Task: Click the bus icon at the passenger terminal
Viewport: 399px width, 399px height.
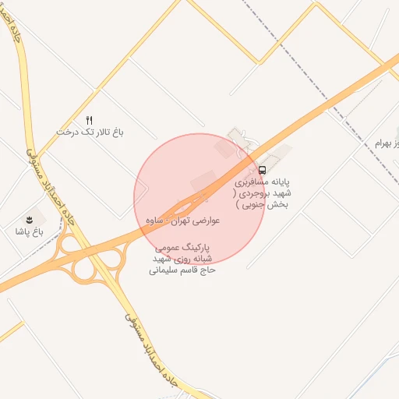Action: [262, 169]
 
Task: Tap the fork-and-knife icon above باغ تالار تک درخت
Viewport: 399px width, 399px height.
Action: [90, 120]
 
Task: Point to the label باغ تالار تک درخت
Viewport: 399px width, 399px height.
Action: [90, 132]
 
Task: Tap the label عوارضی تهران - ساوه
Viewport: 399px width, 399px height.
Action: [182, 221]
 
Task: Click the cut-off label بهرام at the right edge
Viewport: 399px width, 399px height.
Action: [386, 143]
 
